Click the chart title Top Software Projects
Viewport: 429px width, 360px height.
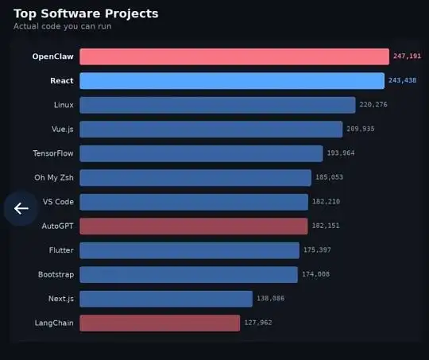[86, 14]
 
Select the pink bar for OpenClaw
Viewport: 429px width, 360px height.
[234, 56]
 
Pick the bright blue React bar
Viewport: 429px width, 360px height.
[232, 81]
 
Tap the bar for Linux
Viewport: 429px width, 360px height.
[217, 105]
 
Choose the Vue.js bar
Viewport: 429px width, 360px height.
[211, 129]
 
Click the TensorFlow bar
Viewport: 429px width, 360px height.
[201, 153]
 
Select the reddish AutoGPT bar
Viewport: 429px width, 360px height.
[193, 226]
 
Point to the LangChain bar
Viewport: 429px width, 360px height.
[160, 323]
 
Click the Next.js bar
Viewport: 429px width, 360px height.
[166, 299]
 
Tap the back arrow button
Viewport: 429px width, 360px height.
[21, 209]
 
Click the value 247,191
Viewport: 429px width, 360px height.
[407, 56]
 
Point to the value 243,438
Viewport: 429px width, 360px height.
[403, 81]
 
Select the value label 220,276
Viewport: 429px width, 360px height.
[373, 105]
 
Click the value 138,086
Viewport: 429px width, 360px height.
[271, 299]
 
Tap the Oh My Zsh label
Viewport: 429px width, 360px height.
[54, 177]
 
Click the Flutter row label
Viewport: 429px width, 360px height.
[61, 250]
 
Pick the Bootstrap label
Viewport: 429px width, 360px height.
[56, 274]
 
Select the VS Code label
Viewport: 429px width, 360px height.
[58, 202]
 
